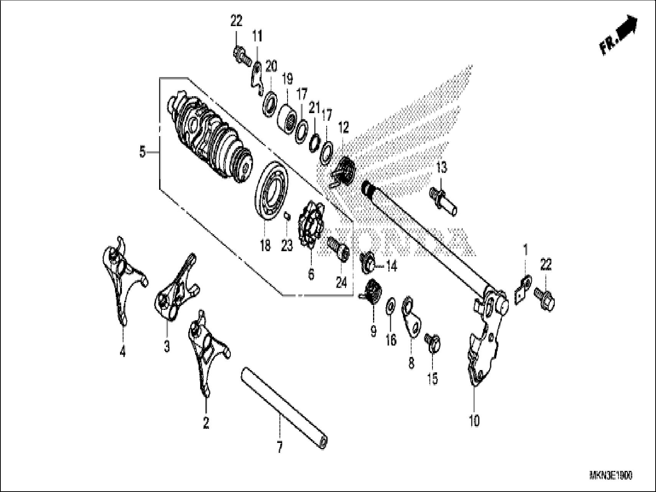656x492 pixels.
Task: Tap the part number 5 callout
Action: [x=142, y=153]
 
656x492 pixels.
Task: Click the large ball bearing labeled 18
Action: [x=271, y=190]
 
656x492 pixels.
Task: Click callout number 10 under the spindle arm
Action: [x=474, y=421]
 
